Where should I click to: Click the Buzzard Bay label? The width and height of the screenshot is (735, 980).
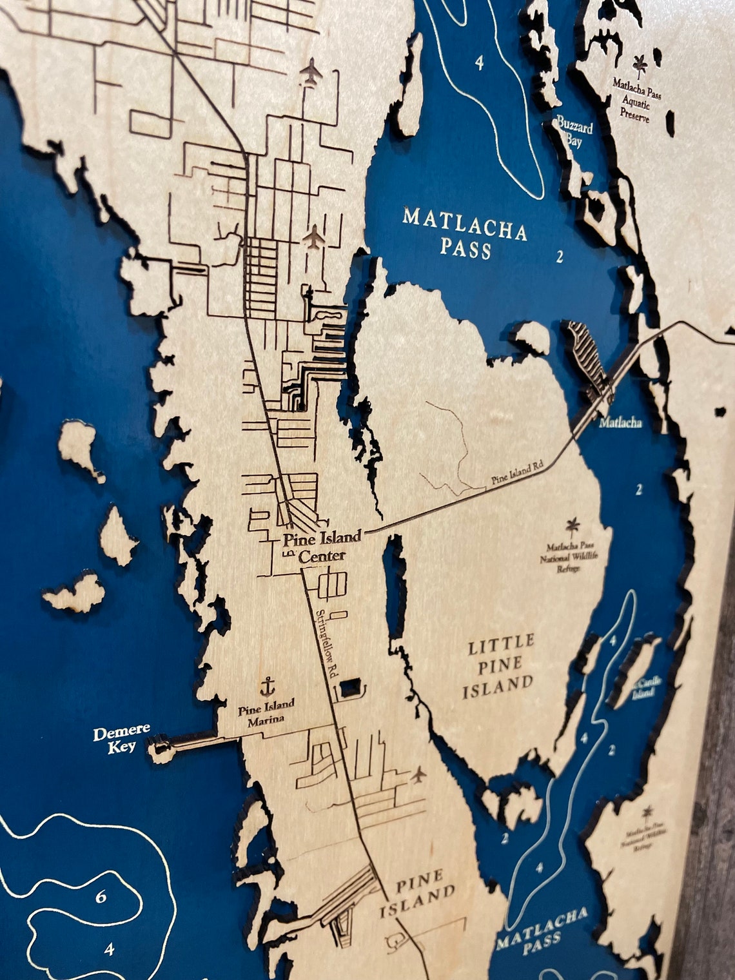click(575, 132)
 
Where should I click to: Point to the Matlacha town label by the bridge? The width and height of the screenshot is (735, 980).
click(620, 423)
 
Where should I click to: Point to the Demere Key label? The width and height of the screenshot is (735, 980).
click(121, 739)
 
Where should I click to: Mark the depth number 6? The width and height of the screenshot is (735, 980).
click(101, 897)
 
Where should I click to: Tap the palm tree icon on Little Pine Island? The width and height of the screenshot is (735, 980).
click(572, 525)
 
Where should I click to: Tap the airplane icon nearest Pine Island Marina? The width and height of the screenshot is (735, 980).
click(419, 773)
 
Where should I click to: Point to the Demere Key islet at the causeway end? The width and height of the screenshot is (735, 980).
click(159, 750)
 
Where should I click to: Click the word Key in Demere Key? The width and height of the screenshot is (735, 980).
click(122, 747)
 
